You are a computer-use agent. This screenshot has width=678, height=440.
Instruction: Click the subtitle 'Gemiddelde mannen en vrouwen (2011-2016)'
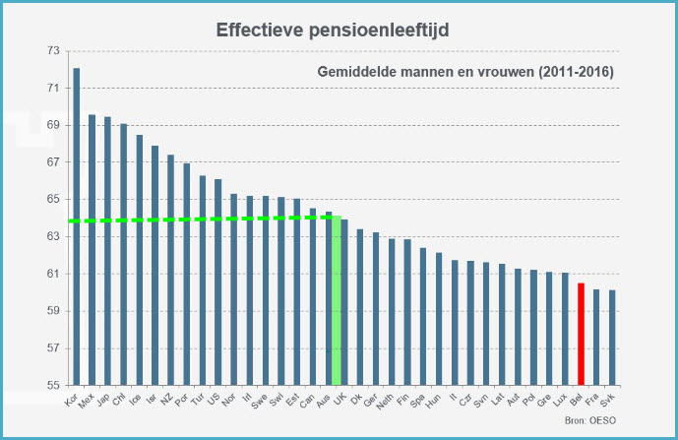(465, 73)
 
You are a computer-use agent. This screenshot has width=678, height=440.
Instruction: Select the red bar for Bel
(581, 334)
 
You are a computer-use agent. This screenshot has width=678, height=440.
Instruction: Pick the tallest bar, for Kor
(77, 226)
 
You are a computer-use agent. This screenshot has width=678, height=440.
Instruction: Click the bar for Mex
(92, 250)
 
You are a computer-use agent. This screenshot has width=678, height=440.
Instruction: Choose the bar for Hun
(439, 319)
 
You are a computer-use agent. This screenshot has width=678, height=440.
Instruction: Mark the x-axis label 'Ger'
(372, 401)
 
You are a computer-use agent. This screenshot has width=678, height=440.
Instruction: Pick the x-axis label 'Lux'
(562, 401)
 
